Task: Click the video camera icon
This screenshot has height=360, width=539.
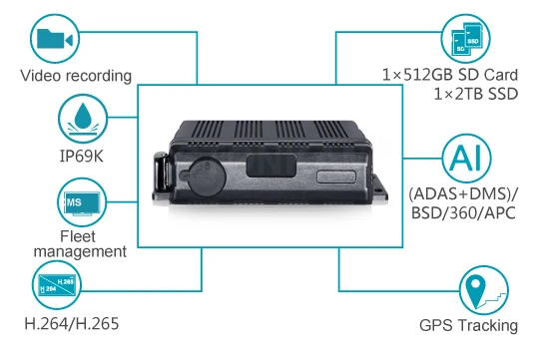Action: pos(55,39)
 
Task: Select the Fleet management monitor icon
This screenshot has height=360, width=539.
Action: pos(82,202)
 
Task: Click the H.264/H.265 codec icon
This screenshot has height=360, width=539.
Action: pos(57,285)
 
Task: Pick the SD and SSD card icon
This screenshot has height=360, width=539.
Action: pos(465,39)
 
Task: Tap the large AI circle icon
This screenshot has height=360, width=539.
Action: pos(466,159)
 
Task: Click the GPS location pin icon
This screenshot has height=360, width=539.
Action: pos(484,290)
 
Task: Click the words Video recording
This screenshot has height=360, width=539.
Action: pos(76,76)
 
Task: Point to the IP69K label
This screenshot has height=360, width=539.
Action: pos(82,156)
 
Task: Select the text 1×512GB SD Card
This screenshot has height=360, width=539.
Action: pos(450,75)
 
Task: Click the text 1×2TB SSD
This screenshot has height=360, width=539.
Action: pos(476,94)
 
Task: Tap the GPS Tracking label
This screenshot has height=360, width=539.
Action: pos(468,325)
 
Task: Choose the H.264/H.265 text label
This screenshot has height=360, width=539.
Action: pos(72,323)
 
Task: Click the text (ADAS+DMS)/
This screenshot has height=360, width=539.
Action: pos(463,194)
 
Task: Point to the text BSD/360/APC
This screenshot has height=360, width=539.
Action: pos(463,213)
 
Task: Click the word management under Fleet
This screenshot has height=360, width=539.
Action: pos(80,251)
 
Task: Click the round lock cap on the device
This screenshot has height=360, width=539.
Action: pos(202,177)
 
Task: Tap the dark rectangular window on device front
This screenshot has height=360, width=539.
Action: pos(271,166)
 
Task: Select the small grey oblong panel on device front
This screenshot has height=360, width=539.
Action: pos(335,177)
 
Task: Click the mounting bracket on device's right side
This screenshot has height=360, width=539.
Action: pos(379,188)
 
